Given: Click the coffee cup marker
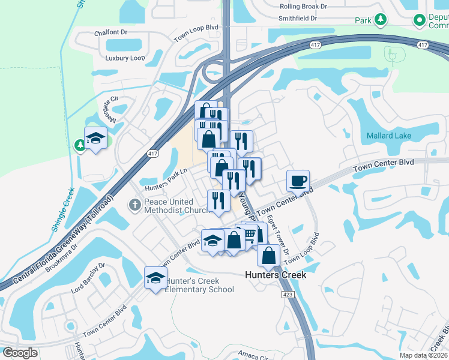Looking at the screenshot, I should [x=298, y=180].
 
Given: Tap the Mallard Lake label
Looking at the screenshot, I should [x=389, y=136].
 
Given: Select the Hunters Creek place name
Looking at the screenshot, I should [x=276, y=275].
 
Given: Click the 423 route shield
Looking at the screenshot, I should [x=288, y=295].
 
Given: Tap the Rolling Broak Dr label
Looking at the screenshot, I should [x=303, y=6].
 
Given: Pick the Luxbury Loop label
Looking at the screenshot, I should [x=125, y=58].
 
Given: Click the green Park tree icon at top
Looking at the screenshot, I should [x=380, y=20].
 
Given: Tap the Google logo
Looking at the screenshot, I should [x=20, y=353].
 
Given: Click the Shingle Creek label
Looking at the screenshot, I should [x=62, y=209].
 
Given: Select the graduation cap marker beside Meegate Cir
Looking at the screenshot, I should [x=95, y=139].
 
